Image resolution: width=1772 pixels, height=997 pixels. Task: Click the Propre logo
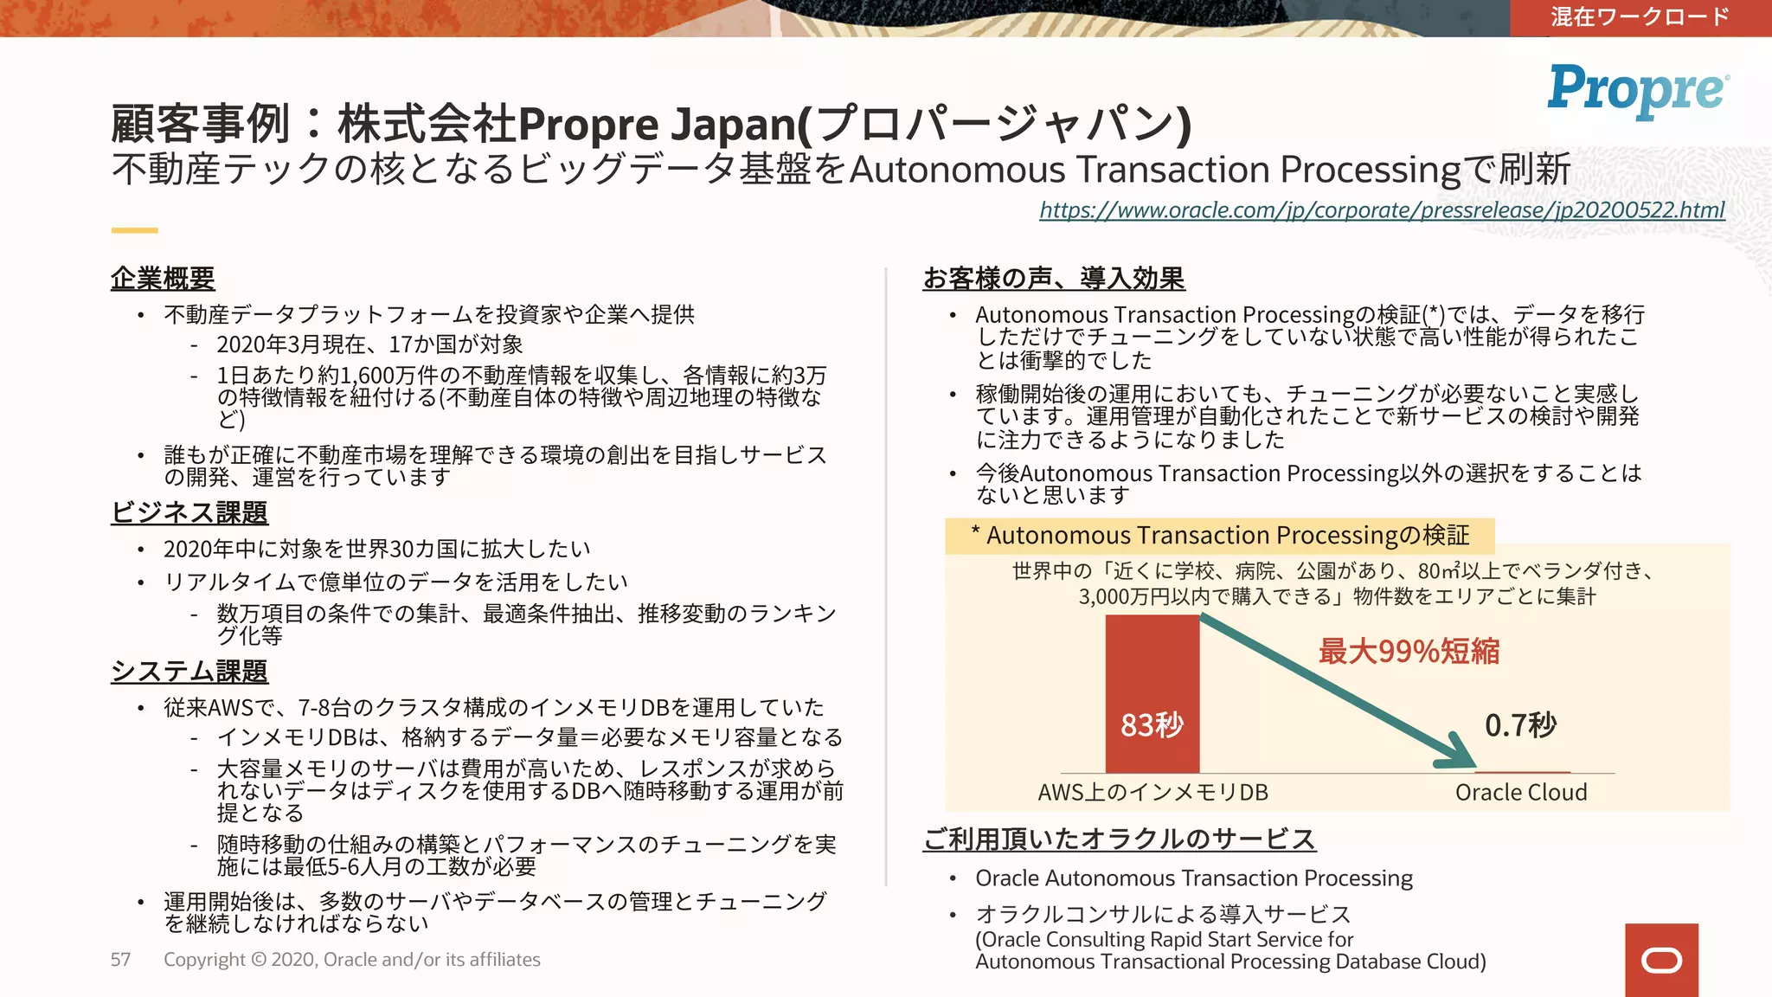click(x=1638, y=90)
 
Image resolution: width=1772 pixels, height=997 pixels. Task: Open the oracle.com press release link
click(x=1382, y=210)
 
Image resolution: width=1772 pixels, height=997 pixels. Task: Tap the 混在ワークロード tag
click(x=1640, y=17)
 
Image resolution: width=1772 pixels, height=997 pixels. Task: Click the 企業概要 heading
click(x=163, y=279)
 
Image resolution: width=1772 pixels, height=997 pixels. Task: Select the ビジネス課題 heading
click(x=189, y=512)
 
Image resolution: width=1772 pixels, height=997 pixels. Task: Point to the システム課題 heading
click(x=189, y=672)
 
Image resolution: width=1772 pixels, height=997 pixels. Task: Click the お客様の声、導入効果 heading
click(x=1054, y=279)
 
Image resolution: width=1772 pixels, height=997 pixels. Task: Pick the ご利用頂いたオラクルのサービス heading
click(x=1119, y=839)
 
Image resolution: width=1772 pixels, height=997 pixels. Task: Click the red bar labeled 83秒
click(x=1152, y=692)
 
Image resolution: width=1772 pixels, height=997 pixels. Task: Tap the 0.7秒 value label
click(x=1520, y=725)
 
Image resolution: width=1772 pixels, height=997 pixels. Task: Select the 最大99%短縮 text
click(x=1409, y=651)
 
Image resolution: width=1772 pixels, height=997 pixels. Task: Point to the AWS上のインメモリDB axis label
click(x=1152, y=792)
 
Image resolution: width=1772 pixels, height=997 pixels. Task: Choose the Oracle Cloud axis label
click(x=1520, y=792)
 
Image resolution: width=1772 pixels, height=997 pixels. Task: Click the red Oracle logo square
click(x=1661, y=960)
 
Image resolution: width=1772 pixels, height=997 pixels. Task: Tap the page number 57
click(x=120, y=960)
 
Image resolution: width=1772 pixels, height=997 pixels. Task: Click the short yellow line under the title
click(x=134, y=230)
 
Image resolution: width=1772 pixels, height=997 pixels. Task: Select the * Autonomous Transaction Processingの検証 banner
click(x=1219, y=536)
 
